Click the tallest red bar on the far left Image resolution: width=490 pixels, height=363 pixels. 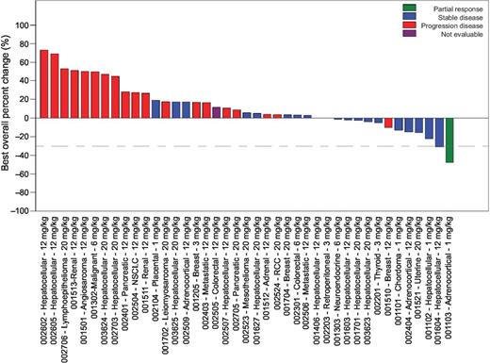pyautogui.click(x=43, y=84)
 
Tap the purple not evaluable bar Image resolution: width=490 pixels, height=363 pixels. pyautogui.click(x=217, y=112)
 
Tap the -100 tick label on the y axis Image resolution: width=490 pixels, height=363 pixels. pyautogui.click(x=23, y=210)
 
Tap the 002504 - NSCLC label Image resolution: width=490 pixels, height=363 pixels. pyautogui.click(x=135, y=259)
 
